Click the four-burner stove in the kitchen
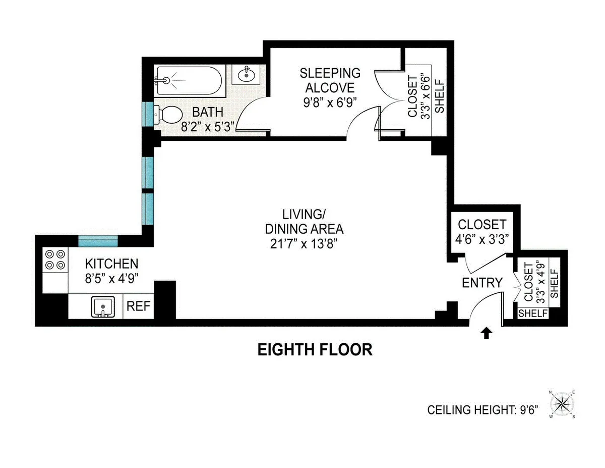(x=55, y=259)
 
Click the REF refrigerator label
(x=138, y=306)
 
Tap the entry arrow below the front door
(x=487, y=333)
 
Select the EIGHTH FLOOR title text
(x=315, y=349)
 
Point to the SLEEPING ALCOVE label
(x=330, y=80)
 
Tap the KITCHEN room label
(x=111, y=264)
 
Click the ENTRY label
(x=482, y=283)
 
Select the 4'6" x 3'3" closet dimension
(x=481, y=239)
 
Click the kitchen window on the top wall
(x=98, y=241)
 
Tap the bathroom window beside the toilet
(x=148, y=115)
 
